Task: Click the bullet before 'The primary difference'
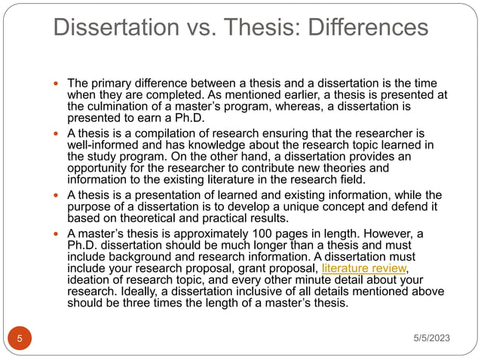pos(58,82)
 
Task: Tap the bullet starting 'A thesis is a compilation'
pos(58,133)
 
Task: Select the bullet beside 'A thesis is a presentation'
pos(58,196)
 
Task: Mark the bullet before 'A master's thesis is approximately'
pos(58,233)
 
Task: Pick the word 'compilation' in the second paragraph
pos(159,133)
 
